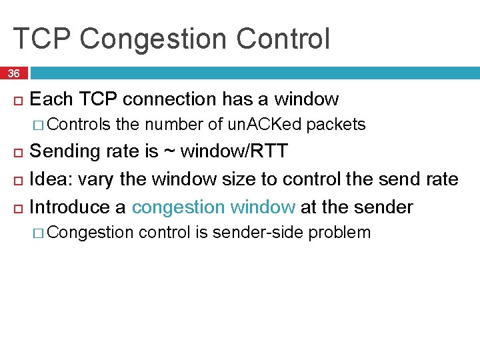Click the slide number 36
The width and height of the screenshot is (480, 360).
(x=14, y=73)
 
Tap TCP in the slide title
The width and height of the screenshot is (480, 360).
(x=41, y=39)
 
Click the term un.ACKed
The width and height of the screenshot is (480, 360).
(x=265, y=125)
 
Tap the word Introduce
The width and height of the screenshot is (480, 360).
(x=71, y=207)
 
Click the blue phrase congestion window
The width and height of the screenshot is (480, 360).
(x=213, y=207)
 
